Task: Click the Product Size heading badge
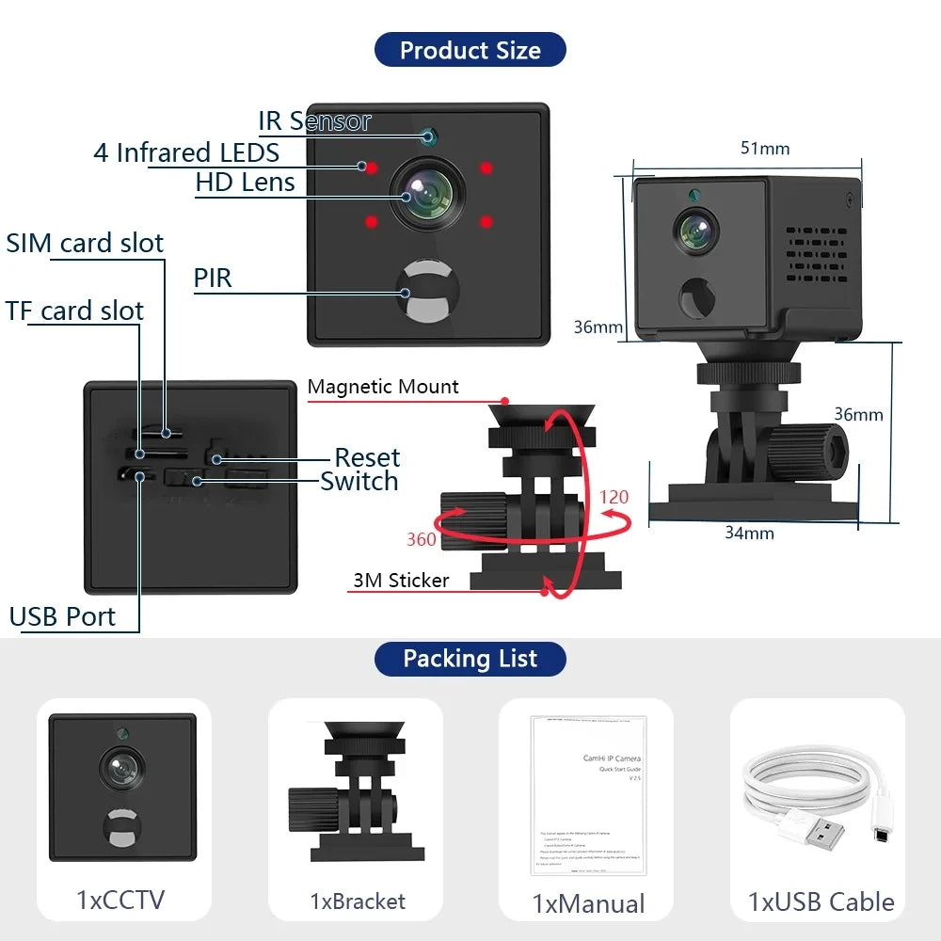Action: coord(470,50)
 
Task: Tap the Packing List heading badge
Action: coord(470,659)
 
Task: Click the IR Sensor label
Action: coord(314,121)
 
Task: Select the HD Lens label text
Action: coord(245,183)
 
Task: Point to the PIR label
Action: coord(213,279)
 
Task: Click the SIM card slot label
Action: coord(85,243)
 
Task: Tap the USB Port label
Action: coord(62,617)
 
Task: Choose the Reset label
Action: coord(367,458)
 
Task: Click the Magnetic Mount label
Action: coord(383,387)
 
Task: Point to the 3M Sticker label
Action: coord(401,581)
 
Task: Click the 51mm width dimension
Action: coord(765,149)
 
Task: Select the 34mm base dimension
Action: coord(749,534)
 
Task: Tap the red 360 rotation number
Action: coord(422,539)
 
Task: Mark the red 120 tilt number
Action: coord(614,497)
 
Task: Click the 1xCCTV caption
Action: coord(120,900)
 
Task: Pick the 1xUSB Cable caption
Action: coord(821,901)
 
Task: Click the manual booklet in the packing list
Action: coord(588,795)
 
